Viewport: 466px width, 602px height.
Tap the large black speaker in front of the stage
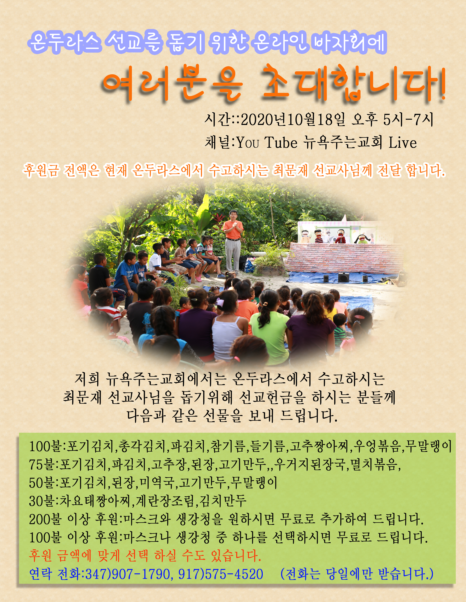[344, 277]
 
